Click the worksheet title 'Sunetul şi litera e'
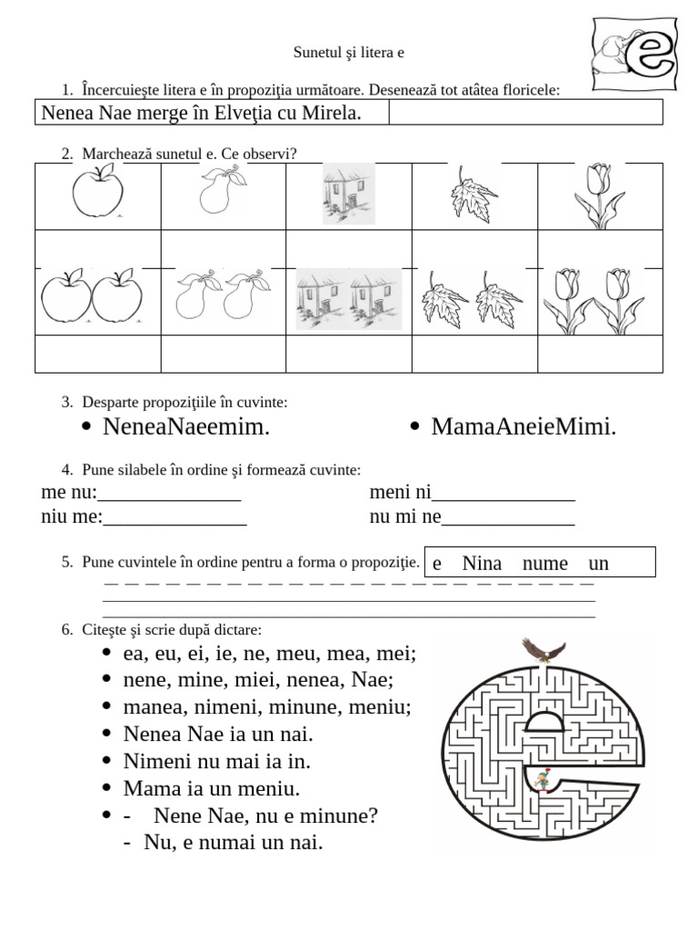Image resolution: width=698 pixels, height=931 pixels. pos(349,53)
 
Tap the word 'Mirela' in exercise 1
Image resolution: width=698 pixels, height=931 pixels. pos(333,113)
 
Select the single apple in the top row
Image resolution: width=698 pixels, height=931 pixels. pos(97,195)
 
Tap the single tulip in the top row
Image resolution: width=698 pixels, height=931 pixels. pos(599,195)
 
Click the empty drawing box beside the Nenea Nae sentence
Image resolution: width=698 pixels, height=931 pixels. pos(525,112)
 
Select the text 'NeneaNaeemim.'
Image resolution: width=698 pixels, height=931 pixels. pos(185,426)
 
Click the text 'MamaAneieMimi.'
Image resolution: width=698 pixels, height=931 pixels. pos(523,426)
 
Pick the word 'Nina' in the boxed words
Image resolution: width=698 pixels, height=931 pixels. pos(482,563)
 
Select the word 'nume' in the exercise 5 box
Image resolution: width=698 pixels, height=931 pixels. pos(545,563)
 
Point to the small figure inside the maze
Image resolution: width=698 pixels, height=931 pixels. pos(543,779)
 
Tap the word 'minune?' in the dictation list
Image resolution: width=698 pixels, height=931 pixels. pos(336,816)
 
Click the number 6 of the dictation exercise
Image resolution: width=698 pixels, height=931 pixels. pos(66,629)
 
